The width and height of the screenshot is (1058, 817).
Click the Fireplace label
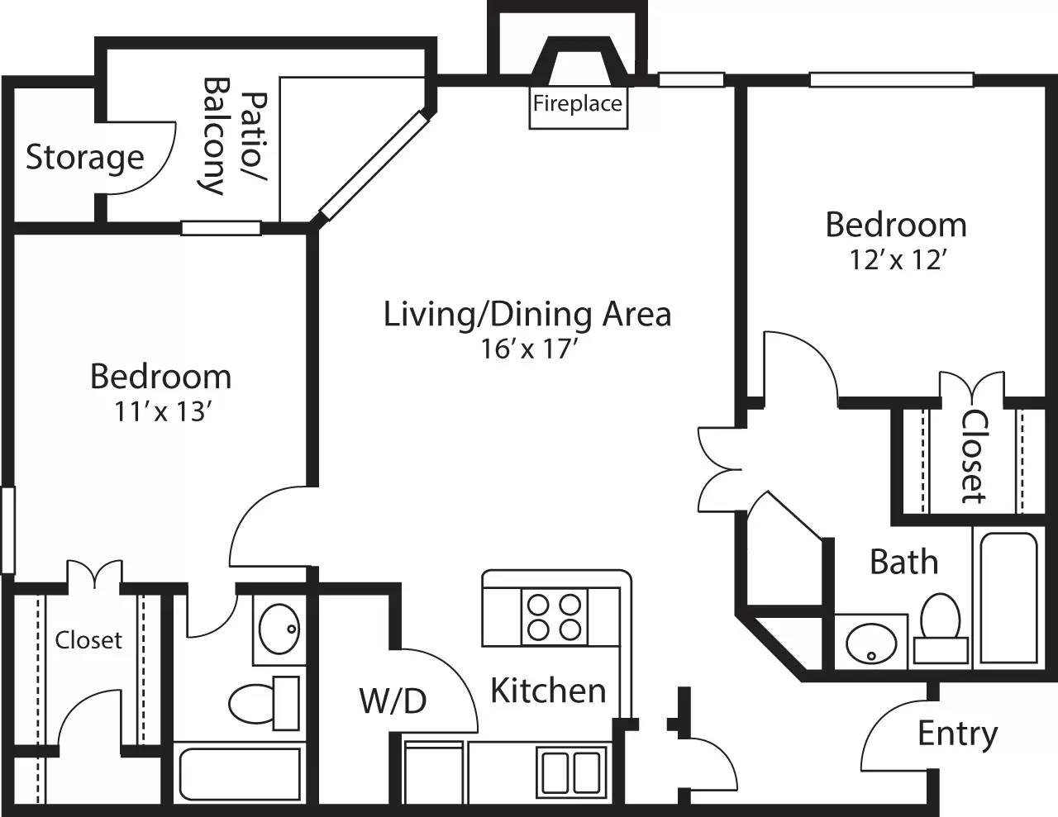(x=577, y=104)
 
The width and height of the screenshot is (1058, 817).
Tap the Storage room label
(x=84, y=157)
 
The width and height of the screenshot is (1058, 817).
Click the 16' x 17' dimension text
(x=527, y=349)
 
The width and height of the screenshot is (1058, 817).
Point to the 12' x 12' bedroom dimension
(x=896, y=260)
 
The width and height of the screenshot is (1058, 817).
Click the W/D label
(x=393, y=701)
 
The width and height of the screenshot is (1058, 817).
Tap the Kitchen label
(x=548, y=691)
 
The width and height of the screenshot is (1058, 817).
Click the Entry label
(x=957, y=734)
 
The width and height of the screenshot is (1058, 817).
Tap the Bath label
(x=903, y=563)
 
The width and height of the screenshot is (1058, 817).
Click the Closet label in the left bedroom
(x=88, y=640)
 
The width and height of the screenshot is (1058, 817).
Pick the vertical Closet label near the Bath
(x=973, y=456)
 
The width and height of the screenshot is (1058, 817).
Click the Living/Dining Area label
(x=527, y=315)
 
